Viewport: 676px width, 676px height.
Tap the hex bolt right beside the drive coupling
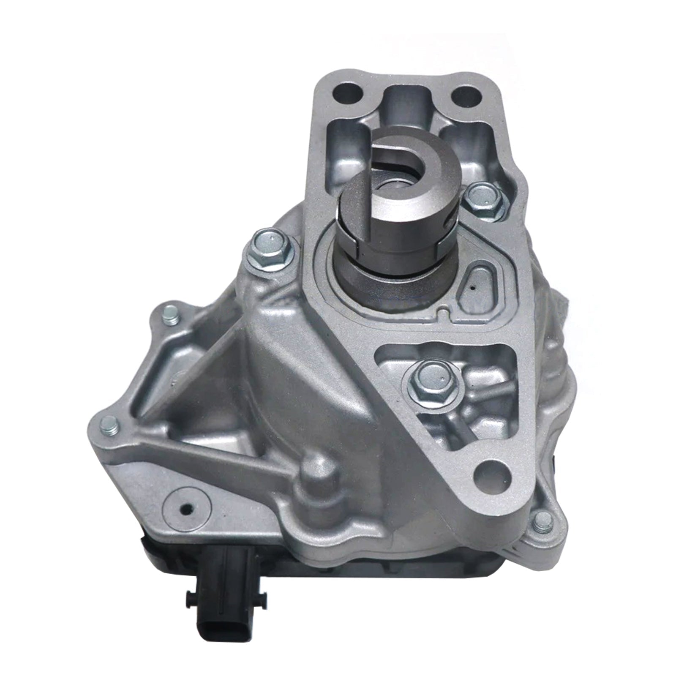(x=482, y=197)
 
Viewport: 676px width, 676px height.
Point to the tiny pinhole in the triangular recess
(x=472, y=289)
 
